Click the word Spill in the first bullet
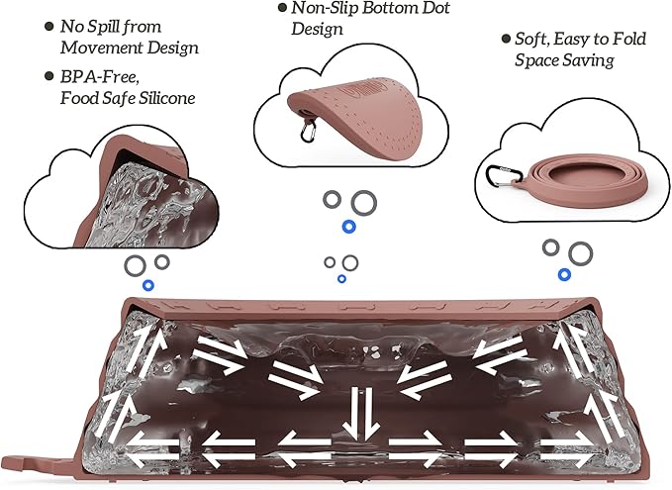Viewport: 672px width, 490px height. click(x=104, y=28)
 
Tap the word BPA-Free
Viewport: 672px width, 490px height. click(x=99, y=77)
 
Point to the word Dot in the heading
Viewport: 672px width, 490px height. click(x=436, y=8)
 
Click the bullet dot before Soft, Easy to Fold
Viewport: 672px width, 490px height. click(x=506, y=39)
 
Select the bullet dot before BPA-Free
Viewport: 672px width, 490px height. click(x=49, y=76)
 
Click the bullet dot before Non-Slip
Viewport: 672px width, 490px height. click(x=282, y=7)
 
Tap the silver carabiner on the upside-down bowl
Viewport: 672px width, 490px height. click(x=308, y=131)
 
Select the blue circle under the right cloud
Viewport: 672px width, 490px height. click(x=564, y=274)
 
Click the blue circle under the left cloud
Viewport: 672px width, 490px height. click(x=148, y=285)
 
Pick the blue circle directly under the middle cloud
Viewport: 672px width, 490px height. click(x=348, y=227)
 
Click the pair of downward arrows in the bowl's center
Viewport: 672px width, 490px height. click(x=361, y=413)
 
